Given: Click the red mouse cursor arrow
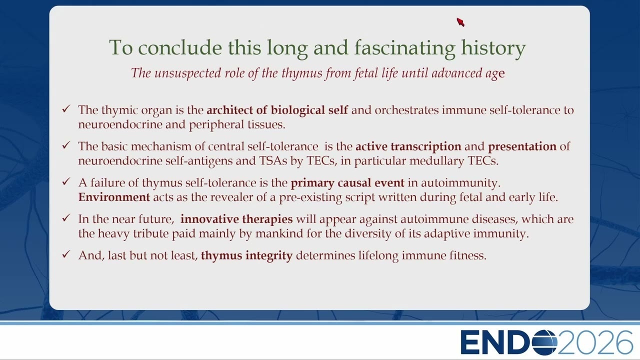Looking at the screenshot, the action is point(460,22).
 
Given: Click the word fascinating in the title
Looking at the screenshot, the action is point(405,47).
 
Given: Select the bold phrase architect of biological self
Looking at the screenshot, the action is point(277,110).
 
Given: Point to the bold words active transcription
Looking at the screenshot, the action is point(408,146).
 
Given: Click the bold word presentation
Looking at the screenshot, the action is point(522,146).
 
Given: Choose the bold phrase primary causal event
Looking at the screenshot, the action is point(347,183).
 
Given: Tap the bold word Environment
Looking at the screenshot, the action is point(114,197).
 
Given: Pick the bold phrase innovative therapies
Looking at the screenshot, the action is point(236,219).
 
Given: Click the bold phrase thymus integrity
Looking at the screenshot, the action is point(247,255).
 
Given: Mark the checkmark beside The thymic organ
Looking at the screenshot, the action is point(66,109).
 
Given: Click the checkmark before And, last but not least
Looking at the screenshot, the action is point(66,254).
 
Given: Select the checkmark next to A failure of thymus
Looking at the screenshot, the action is point(66,181).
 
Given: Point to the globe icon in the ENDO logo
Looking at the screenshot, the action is point(544,342).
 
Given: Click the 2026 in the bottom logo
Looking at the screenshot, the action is point(595,342).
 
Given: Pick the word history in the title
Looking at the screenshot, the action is point(493,47).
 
